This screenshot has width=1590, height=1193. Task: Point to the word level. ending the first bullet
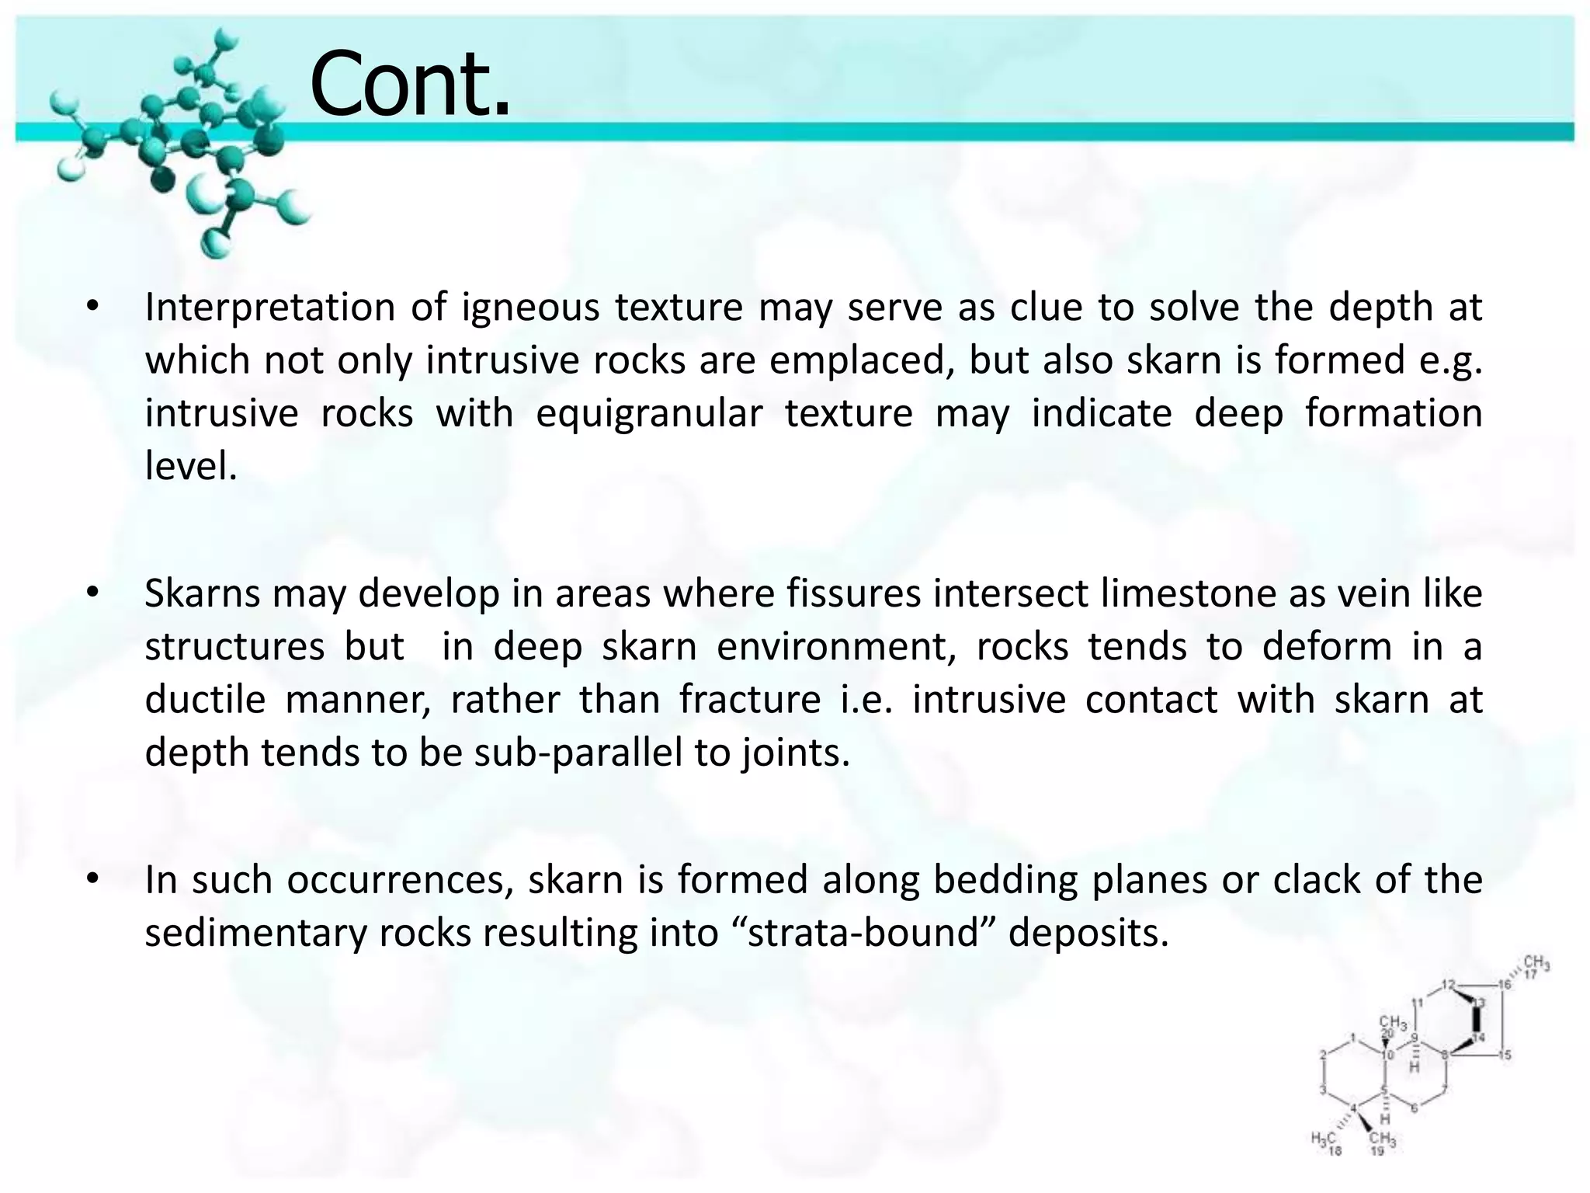coord(190,465)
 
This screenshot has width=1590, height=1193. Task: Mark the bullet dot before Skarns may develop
coord(92,593)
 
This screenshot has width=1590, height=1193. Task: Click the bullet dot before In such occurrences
coord(92,879)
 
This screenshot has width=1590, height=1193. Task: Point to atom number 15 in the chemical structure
coord(1505,1055)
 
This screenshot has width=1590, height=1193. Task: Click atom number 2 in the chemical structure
coord(1323,1054)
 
